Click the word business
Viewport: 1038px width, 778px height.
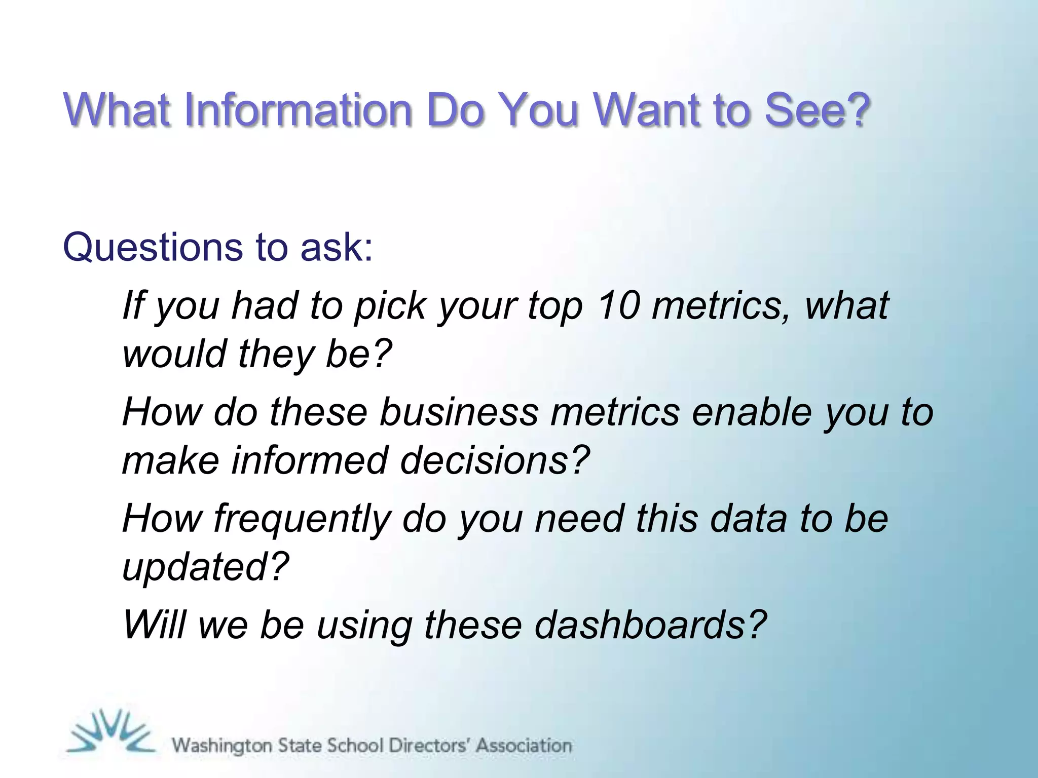(459, 412)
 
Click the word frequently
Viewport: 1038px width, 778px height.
(302, 520)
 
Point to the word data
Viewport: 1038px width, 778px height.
(748, 519)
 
